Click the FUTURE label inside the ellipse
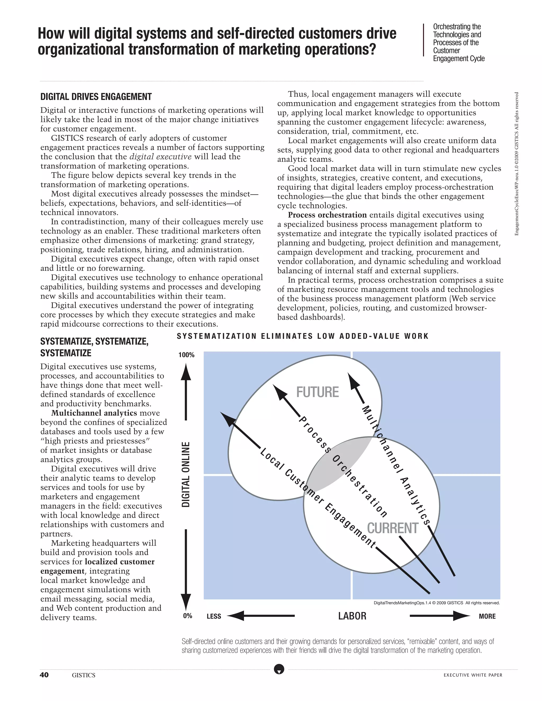click(x=317, y=392)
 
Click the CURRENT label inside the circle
click(x=392, y=528)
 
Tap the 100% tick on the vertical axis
click(x=187, y=355)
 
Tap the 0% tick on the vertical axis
click(x=188, y=616)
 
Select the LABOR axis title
click(x=352, y=616)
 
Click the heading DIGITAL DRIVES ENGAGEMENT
click(x=96, y=97)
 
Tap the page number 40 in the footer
click(x=44, y=675)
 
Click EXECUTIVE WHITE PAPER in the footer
click(x=473, y=675)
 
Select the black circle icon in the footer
click(x=279, y=669)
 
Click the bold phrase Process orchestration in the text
click(x=327, y=215)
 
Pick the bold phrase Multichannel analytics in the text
click(x=94, y=413)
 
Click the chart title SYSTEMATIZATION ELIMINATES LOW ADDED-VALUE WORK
click(x=303, y=336)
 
